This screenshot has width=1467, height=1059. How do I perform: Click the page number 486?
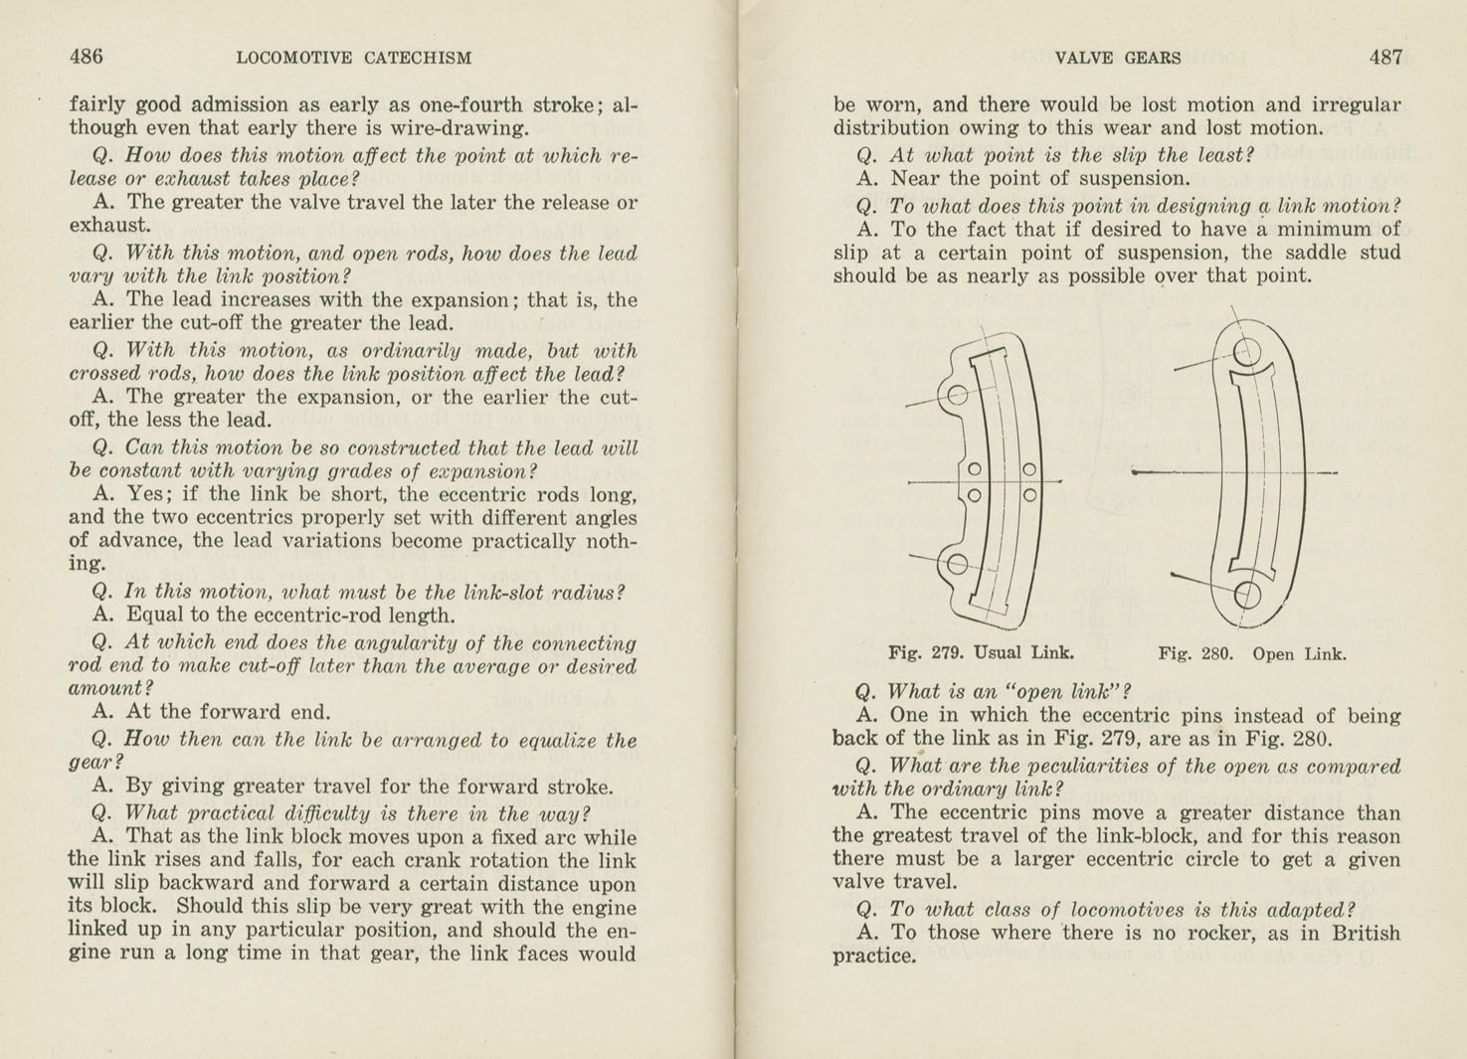click(x=86, y=57)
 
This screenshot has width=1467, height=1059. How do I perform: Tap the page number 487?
click(x=1385, y=57)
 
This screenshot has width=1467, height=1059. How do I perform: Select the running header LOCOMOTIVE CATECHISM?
click(x=354, y=58)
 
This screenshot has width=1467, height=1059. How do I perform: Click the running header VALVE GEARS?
click(x=1118, y=58)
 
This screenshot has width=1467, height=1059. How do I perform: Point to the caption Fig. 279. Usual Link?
click(x=981, y=653)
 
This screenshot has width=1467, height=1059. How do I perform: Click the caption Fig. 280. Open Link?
click(x=1252, y=654)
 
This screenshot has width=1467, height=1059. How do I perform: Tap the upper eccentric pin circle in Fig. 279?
click(x=957, y=395)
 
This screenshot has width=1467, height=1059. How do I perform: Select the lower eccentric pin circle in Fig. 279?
click(x=957, y=565)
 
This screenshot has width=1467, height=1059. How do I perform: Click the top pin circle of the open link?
click(x=1247, y=351)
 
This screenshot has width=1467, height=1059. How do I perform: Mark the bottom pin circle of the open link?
click(x=1247, y=595)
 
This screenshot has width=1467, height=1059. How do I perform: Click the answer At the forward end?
click(x=211, y=712)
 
